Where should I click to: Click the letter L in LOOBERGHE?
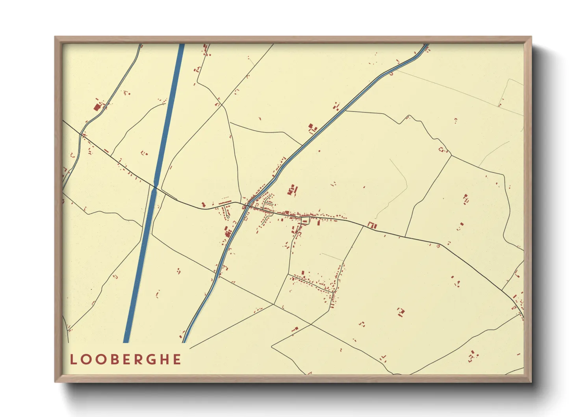(73, 359)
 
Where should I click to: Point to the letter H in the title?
(167, 359)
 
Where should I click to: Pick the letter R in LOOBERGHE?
(141, 359)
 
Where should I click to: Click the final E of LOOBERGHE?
(177, 359)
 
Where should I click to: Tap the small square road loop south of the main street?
(305, 221)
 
